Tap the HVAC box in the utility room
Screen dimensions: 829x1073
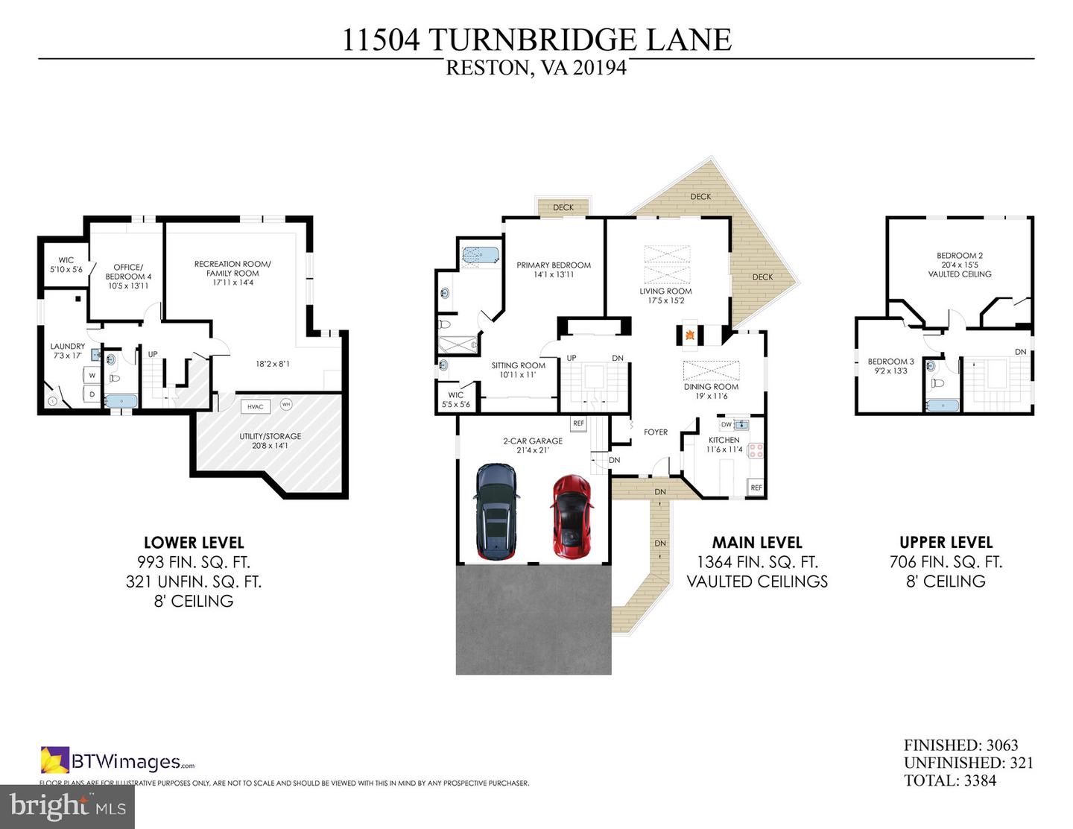pyautogui.click(x=255, y=406)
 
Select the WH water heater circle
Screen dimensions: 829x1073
pyautogui.click(x=286, y=404)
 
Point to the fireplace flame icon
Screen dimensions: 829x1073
pyautogui.click(x=690, y=335)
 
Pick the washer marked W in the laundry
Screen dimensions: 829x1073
pyautogui.click(x=92, y=376)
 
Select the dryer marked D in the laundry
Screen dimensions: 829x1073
pyautogui.click(x=92, y=394)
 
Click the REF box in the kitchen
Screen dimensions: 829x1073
pyautogui.click(x=756, y=488)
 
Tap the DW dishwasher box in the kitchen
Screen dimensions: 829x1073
pyautogui.click(x=726, y=425)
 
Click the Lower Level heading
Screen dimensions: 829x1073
pyautogui.click(x=194, y=543)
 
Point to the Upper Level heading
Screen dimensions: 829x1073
pyautogui.click(x=946, y=543)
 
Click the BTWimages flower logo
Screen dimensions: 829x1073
pyautogui.click(x=55, y=760)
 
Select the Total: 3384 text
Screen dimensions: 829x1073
pyautogui.click(x=949, y=781)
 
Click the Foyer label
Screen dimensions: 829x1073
pyautogui.click(x=656, y=432)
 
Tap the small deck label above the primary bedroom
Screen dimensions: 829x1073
pyautogui.click(x=563, y=207)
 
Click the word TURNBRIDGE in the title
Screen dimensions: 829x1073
pyautogui.click(x=533, y=40)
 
